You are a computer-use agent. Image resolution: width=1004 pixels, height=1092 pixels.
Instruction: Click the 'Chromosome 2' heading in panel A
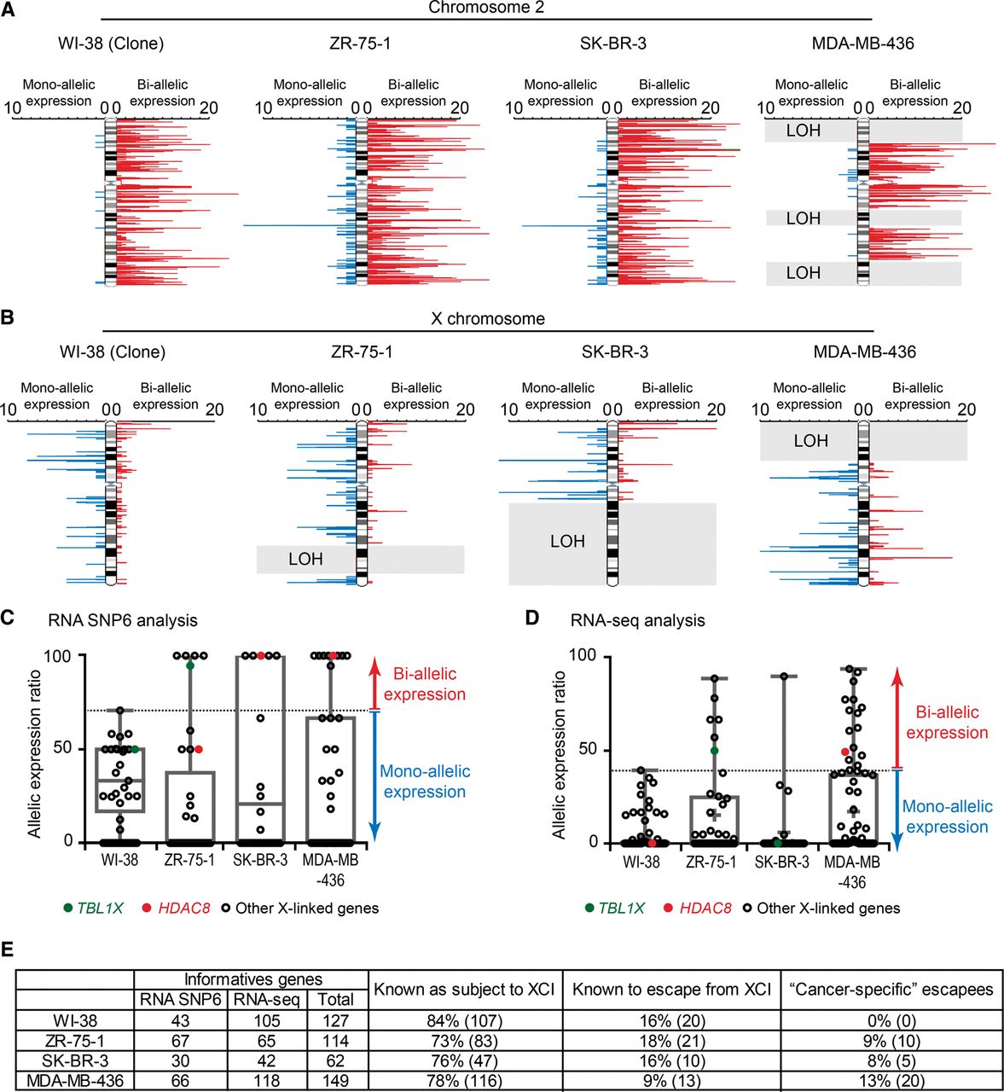485,8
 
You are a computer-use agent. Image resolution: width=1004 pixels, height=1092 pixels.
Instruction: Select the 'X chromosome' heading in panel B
487,318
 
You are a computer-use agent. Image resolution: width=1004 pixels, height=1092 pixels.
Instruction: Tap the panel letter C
8,619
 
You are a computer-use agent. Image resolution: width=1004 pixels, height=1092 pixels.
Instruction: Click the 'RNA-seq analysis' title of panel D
637,620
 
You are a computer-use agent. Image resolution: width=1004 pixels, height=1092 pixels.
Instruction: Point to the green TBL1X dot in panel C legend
68,908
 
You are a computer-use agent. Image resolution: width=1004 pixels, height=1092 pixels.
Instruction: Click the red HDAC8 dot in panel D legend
669,908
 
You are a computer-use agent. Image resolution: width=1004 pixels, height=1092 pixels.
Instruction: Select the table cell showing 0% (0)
891,1020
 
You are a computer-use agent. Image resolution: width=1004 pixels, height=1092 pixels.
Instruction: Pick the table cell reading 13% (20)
891,1081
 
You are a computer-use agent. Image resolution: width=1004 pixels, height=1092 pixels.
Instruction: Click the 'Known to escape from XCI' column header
671,989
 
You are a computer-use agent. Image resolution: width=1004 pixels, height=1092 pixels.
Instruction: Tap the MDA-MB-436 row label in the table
75,1081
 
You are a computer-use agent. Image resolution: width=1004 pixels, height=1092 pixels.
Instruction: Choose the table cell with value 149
335,1081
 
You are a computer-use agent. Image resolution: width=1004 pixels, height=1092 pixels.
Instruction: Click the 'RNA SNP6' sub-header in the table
181,1000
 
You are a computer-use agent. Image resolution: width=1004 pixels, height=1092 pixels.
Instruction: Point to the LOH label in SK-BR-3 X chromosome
567,541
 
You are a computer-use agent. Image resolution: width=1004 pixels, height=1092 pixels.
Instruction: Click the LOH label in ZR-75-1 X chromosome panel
305,559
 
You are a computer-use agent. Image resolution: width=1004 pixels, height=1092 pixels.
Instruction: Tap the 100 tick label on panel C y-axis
58,655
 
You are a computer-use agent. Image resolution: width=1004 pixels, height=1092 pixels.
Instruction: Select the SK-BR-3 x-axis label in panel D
781,862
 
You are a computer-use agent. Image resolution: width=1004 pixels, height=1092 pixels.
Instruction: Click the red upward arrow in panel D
898,718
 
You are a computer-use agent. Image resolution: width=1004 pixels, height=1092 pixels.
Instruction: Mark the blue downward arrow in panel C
374,776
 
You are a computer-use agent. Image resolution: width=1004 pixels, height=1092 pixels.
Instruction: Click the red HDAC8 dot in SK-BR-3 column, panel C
261,655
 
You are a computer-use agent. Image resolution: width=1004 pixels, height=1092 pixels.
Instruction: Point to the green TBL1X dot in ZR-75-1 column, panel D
714,751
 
